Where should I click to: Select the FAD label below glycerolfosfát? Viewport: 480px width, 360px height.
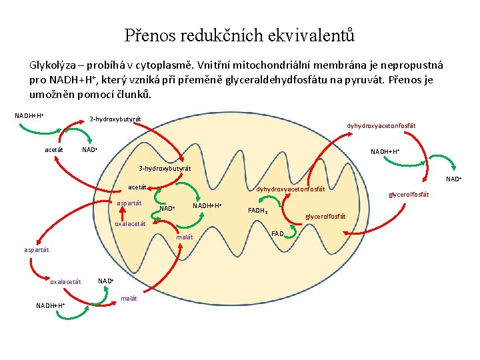277,233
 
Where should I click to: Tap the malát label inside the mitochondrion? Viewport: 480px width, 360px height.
184,237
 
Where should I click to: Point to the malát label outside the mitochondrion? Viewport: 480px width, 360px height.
129,298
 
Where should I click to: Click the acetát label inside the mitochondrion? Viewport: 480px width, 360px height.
137,187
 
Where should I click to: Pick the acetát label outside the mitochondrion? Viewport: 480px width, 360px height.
54,150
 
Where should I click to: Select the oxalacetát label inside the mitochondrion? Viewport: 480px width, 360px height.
130,224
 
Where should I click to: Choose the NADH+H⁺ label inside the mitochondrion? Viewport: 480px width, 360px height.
207,205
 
